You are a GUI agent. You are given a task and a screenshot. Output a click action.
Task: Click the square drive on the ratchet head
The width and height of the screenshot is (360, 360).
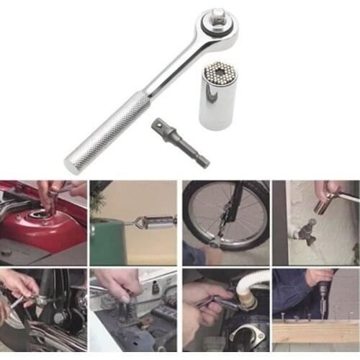point(217,14)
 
